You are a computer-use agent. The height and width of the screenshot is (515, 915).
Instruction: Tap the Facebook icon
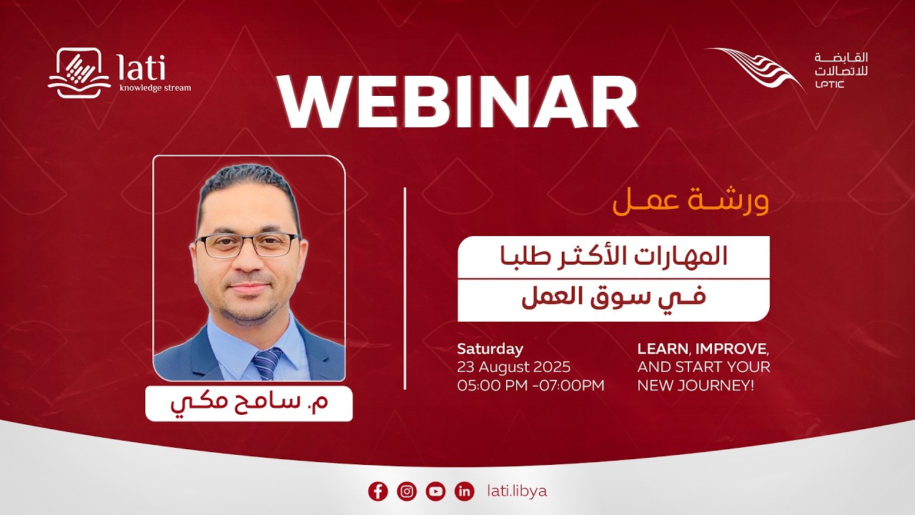pos(377,491)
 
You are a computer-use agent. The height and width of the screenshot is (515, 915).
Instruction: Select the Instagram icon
pos(407,491)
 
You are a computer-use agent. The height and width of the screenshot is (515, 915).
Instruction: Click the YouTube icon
pos(435,491)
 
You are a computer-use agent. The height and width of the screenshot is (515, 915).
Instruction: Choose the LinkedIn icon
pos(465,491)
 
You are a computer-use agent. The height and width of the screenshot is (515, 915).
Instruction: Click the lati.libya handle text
pos(516,491)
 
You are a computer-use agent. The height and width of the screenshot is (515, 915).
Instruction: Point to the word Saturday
pos(490,349)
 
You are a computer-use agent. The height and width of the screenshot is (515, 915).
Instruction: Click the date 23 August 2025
pos(514,367)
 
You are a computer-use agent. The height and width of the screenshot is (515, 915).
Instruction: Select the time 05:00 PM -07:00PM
pos(530,386)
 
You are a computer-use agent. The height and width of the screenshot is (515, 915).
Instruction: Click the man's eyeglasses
pos(247,245)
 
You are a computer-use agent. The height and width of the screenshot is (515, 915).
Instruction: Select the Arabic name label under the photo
pos(249,403)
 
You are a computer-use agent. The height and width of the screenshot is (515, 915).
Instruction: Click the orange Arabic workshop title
pos(691,201)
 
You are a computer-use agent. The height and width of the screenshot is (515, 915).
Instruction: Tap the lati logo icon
pos(79,72)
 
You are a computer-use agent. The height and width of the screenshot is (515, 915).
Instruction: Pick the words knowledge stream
pos(155,88)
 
